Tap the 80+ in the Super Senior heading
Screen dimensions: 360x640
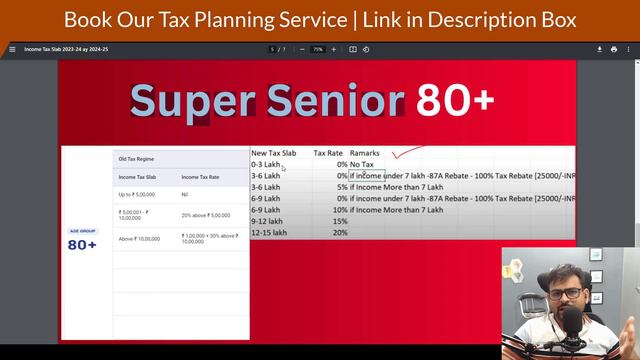[455, 100]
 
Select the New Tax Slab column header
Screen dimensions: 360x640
[274, 153]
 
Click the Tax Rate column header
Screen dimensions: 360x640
[328, 153]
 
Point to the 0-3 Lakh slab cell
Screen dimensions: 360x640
[265, 164]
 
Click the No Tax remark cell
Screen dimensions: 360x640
[362, 164]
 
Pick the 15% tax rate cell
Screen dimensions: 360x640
[340, 221]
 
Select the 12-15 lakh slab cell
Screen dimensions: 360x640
[268, 232]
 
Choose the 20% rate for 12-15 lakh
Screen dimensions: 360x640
[340, 232]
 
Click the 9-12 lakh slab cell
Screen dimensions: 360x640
[267, 221]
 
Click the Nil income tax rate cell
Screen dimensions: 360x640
[185, 194]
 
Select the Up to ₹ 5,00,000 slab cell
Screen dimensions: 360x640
[137, 194]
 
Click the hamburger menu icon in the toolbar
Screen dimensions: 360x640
[12, 49]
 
